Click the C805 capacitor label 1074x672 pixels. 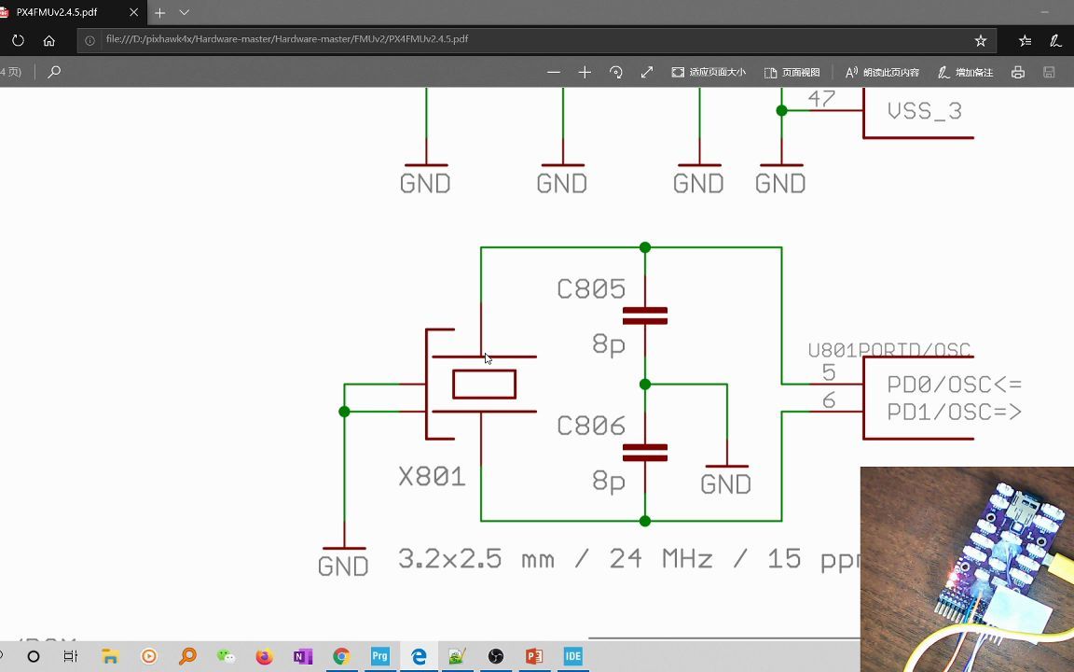pyautogui.click(x=591, y=289)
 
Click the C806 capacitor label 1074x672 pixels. pyautogui.click(x=591, y=427)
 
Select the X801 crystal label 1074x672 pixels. pyautogui.click(x=432, y=477)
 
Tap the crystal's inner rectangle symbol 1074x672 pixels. pyautogui.click(x=484, y=385)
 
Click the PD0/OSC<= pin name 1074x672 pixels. pyautogui.click(x=954, y=385)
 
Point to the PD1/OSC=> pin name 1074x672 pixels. pyautogui.click(x=954, y=412)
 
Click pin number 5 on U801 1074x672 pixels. pyautogui.click(x=829, y=373)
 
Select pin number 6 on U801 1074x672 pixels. pyautogui.click(x=829, y=401)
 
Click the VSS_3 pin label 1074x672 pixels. pyautogui.click(x=924, y=111)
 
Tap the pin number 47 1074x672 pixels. pyautogui.click(x=821, y=98)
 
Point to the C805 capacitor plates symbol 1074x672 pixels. pyautogui.click(x=645, y=315)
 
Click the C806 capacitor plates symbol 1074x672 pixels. pyautogui.click(x=645, y=453)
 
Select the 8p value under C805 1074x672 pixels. pyautogui.click(x=609, y=345)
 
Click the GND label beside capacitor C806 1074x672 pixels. pyautogui.click(x=725, y=484)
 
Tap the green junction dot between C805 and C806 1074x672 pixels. pyautogui.click(x=645, y=385)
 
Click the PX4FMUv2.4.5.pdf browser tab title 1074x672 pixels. pyautogui.click(x=57, y=12)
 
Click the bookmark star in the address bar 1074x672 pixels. pyautogui.click(x=981, y=41)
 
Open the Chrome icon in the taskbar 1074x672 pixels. pyautogui.click(x=341, y=656)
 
